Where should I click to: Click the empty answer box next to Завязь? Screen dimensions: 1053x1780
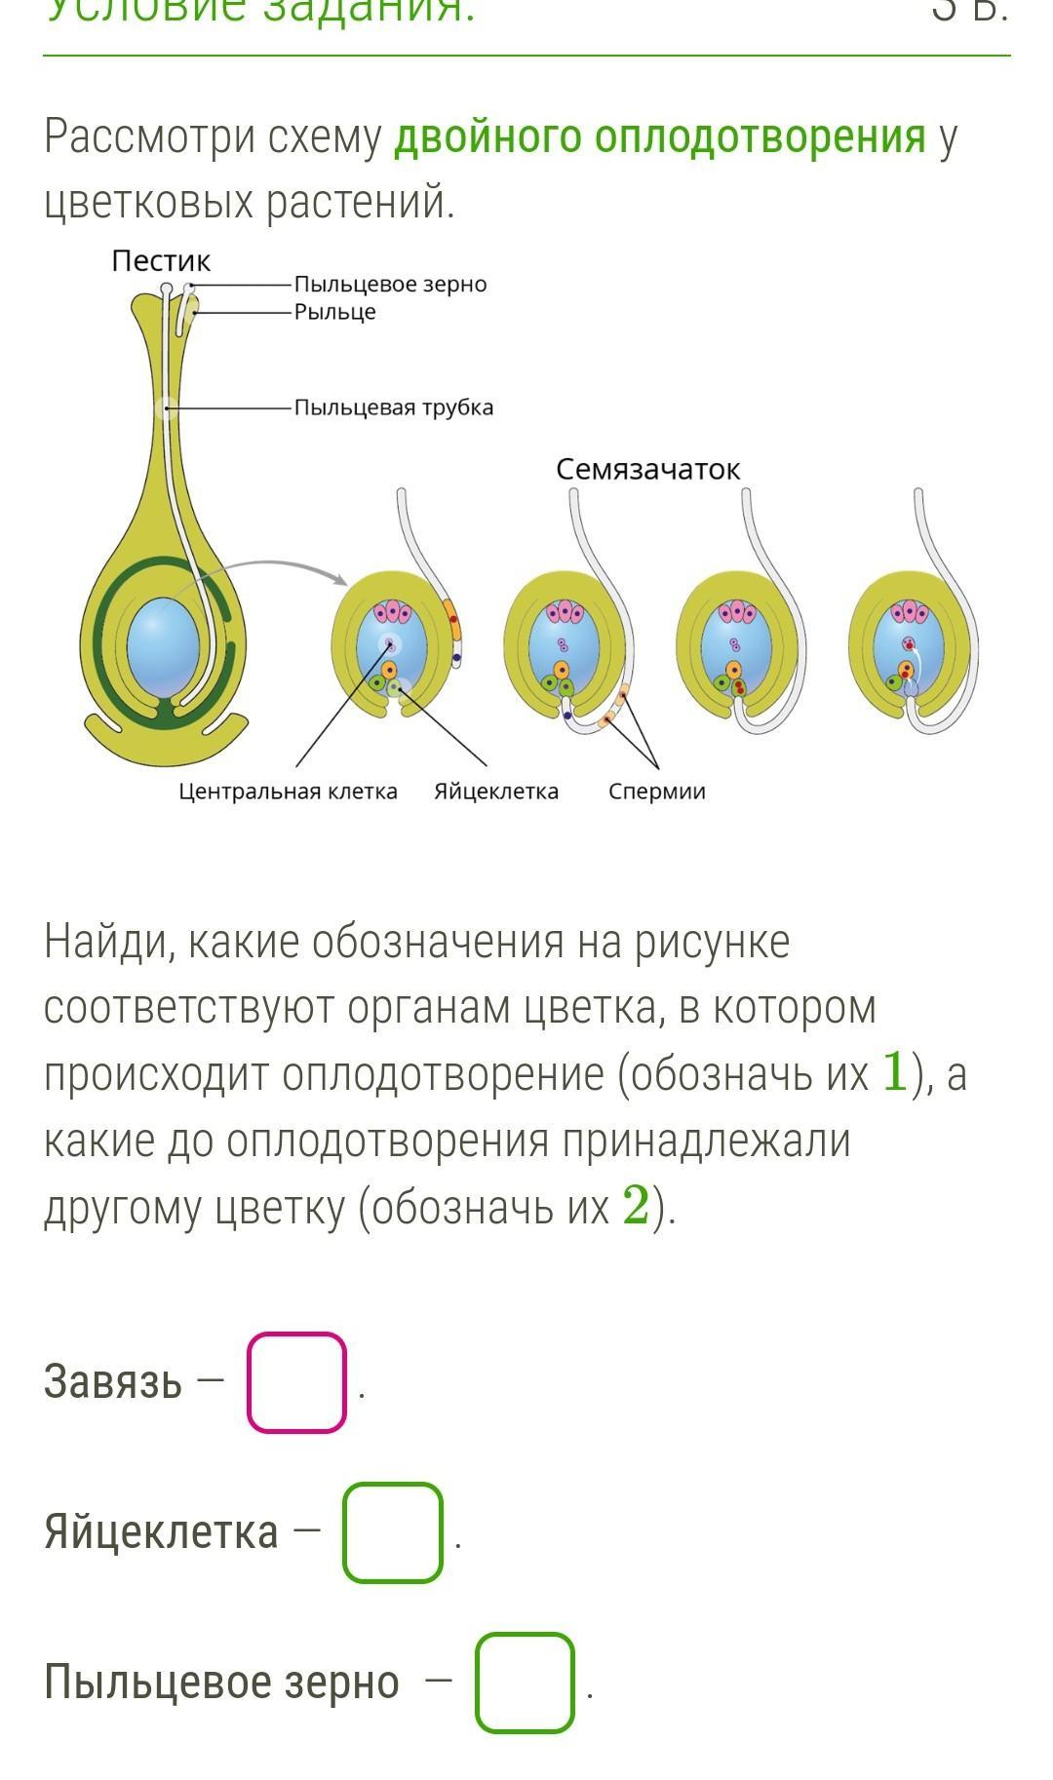296,1382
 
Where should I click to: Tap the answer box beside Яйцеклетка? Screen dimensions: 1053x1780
392,1532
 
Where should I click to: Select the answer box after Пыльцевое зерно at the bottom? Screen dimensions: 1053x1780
525,1683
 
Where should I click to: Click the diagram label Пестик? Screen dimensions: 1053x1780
161,261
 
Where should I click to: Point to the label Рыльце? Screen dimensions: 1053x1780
334,312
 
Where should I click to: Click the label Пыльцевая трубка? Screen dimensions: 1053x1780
394,407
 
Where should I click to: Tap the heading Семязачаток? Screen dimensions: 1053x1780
648,470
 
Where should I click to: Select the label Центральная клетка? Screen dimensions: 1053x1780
288,792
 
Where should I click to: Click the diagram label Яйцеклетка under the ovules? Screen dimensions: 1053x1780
496,792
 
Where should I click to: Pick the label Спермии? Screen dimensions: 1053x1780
657,792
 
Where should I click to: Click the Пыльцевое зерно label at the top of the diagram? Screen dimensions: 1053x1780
390,285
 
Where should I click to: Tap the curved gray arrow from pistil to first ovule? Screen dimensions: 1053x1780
263,566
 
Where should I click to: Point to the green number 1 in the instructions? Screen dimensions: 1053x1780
894,1072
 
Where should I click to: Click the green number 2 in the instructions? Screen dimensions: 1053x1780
636,1207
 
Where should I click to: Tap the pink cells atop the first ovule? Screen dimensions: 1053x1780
393,612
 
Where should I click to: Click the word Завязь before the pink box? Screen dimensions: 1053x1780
113,1382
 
